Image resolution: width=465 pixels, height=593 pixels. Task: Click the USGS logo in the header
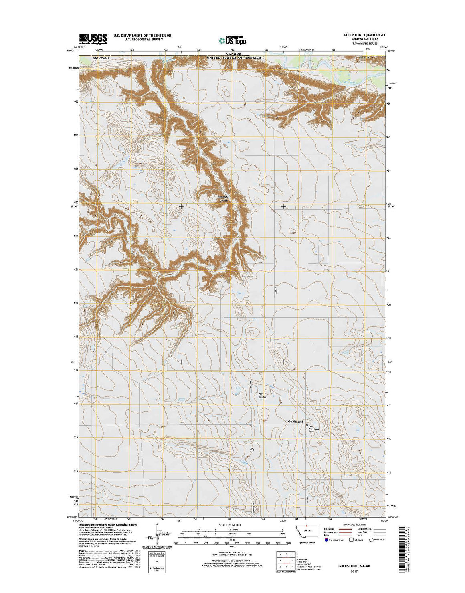click(x=93, y=38)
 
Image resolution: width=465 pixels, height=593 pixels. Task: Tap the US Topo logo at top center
click(x=232, y=40)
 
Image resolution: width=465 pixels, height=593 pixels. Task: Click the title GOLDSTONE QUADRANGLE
click(x=365, y=35)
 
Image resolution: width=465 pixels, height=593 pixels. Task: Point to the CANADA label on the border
click(x=233, y=53)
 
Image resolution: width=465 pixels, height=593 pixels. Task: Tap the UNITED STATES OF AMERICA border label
click(x=234, y=58)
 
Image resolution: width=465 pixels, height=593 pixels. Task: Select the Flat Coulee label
click(x=263, y=395)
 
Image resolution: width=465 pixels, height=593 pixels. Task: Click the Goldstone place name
click(x=296, y=421)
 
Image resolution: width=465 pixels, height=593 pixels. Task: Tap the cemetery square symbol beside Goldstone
click(x=307, y=425)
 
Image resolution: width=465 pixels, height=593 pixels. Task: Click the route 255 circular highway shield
click(x=252, y=451)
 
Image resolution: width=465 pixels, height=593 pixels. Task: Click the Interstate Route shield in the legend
click(x=326, y=540)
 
